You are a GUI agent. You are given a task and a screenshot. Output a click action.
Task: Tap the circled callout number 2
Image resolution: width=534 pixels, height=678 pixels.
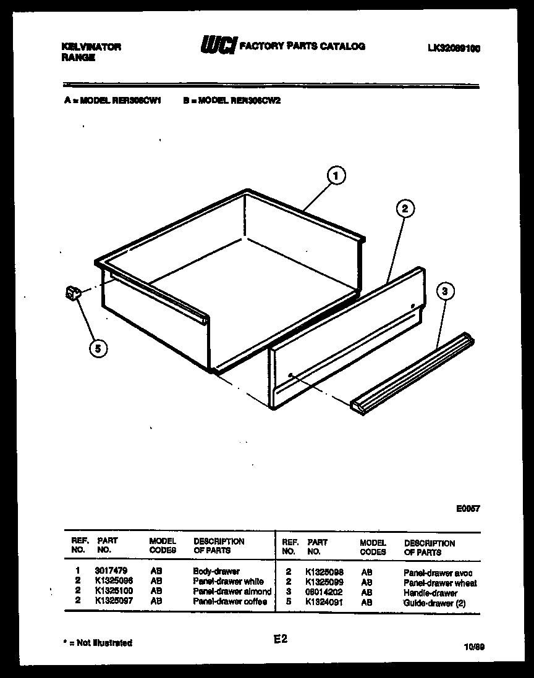point(404,209)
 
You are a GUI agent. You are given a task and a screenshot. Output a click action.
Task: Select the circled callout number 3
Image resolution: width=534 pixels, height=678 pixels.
point(444,292)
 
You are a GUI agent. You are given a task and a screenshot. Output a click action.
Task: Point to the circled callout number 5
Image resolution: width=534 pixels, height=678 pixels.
point(97,349)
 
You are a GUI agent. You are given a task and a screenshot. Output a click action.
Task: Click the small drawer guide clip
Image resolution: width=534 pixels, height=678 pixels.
point(73,295)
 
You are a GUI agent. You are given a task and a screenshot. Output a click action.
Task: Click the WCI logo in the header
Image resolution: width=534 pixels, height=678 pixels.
point(218,46)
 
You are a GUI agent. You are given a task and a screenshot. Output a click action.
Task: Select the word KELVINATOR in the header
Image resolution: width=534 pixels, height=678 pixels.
point(91,46)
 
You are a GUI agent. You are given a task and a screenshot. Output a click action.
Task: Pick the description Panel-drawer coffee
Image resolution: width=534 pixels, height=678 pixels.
point(230,601)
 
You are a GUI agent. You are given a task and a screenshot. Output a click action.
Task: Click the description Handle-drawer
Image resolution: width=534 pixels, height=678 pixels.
point(430,593)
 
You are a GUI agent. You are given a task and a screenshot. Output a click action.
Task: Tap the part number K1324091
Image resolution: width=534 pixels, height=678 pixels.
point(324,603)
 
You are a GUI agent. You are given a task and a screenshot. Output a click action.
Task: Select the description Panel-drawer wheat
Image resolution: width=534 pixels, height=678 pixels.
point(439,583)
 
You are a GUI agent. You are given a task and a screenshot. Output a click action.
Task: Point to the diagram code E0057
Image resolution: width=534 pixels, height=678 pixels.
point(467,509)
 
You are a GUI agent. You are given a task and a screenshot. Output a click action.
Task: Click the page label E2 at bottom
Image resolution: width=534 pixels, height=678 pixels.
point(281,640)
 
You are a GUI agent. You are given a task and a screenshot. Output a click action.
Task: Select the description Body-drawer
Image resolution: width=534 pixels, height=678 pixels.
point(216,572)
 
